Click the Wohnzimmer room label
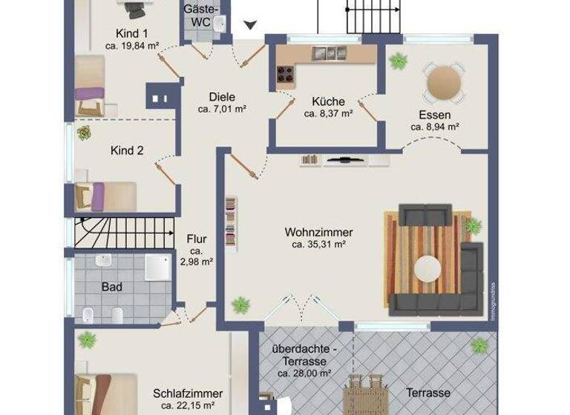pos(318,232)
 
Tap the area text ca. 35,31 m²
pos(318,244)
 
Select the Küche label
pos(327,102)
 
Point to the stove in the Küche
pos(285,73)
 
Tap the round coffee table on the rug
pos(428,268)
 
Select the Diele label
pos(222,96)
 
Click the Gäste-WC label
pos(200,16)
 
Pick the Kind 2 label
pos(127,150)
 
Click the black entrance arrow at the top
pos(251,25)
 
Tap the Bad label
pos(112,286)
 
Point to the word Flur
pos(197,239)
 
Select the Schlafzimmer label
pos(188,394)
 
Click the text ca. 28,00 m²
pos(304,373)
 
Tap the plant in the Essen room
pos(398,61)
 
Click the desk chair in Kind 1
pos(134,9)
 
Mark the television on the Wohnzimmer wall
pos(344,159)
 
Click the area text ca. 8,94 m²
pos(435,127)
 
